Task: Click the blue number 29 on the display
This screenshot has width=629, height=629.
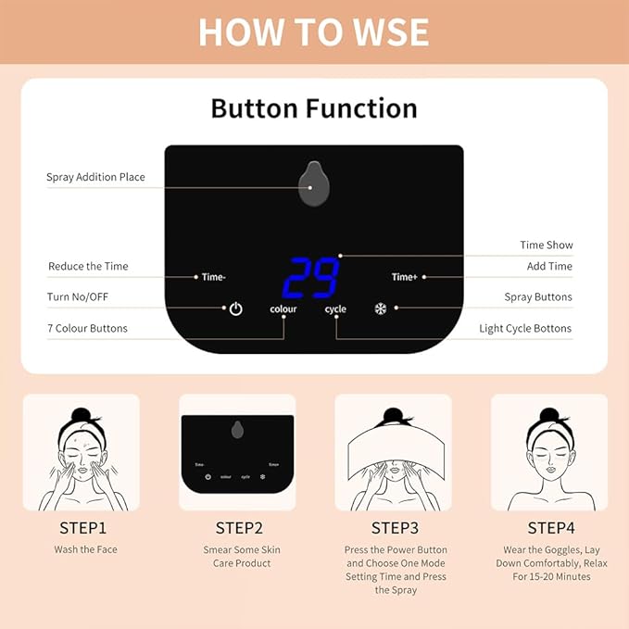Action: (x=310, y=277)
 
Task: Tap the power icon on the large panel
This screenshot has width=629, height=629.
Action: (x=236, y=308)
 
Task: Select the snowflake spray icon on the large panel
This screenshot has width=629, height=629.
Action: (x=380, y=308)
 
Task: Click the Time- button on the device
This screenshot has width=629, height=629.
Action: (x=215, y=276)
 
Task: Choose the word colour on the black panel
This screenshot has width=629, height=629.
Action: (x=283, y=308)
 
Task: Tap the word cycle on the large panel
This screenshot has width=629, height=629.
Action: (x=335, y=308)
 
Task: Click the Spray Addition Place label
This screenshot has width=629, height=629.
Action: (x=95, y=177)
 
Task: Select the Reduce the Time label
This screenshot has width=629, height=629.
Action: (x=88, y=267)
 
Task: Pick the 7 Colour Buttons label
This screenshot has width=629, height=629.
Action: (x=87, y=328)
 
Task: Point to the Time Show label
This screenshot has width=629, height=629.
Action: (x=546, y=245)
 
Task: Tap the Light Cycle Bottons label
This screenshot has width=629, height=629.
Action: (x=525, y=328)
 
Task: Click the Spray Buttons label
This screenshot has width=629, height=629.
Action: (x=538, y=297)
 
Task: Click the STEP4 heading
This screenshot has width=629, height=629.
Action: (x=551, y=528)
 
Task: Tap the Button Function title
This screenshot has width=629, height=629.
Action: (x=314, y=108)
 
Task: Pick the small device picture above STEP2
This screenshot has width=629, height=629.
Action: (x=237, y=451)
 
